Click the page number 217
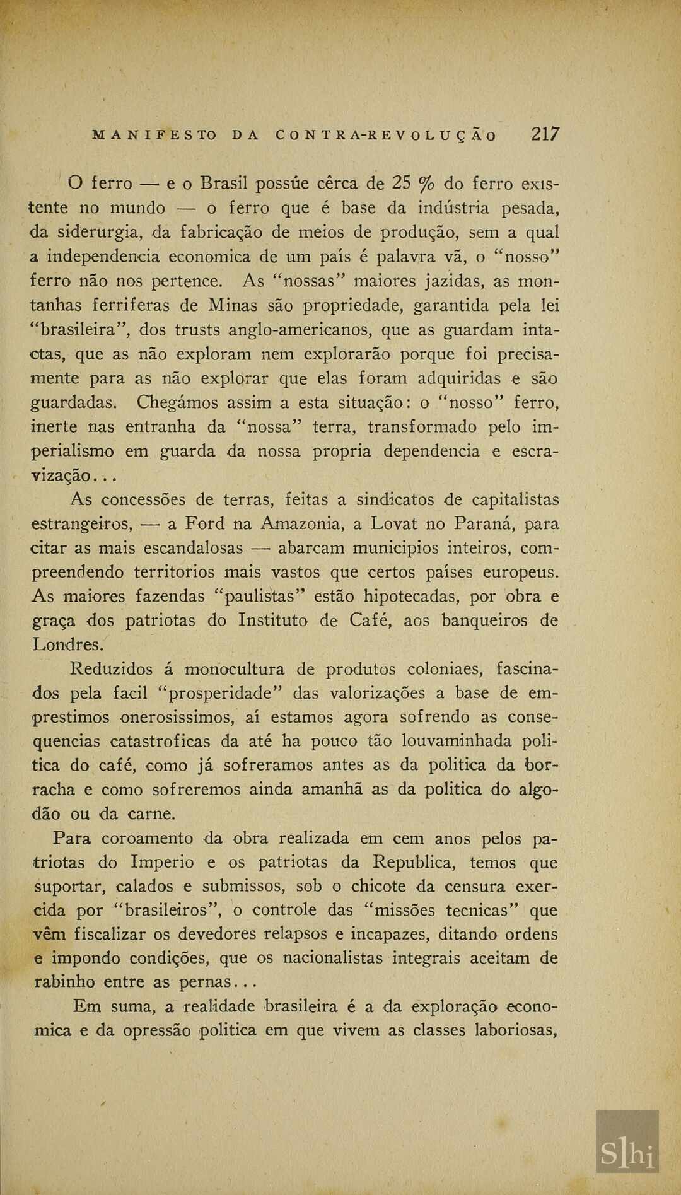[545, 134]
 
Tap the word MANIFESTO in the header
[154, 135]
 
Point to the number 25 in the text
[402, 184]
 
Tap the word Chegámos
[178, 402]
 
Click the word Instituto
[273, 621]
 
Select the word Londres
[66, 645]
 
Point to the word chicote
[378, 887]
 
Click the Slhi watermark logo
[627, 1142]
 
